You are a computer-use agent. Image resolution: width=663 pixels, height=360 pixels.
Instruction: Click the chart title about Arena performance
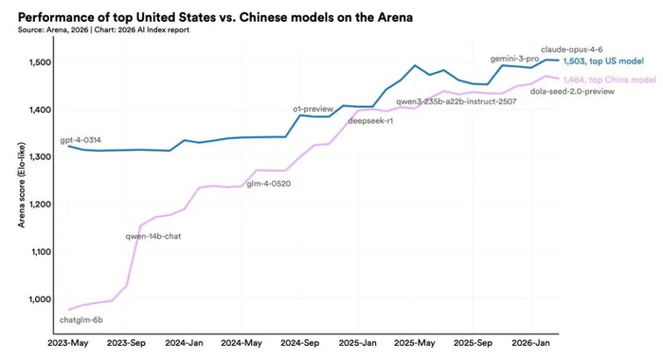coord(215,17)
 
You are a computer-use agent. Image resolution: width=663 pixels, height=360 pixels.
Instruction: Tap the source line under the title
coord(103,30)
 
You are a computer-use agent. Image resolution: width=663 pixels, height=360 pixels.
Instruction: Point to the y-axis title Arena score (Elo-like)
coord(22,186)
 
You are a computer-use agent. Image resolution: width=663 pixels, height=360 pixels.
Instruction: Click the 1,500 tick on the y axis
coord(40,63)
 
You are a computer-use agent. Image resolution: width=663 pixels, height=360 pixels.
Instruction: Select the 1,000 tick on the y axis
coord(40,299)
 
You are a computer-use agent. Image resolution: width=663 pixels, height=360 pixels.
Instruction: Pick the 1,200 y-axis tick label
coord(40,205)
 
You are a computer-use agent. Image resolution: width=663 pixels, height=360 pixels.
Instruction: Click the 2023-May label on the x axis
coord(67,343)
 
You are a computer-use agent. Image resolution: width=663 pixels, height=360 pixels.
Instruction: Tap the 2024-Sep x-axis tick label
coord(300,343)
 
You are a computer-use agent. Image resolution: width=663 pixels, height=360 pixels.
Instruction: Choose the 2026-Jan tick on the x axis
coord(530,343)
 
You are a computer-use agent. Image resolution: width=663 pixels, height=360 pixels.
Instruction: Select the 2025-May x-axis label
coord(415,343)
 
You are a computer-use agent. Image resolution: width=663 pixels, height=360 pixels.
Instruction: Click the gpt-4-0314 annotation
coord(81,140)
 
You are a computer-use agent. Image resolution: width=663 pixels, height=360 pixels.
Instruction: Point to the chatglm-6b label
coord(81,320)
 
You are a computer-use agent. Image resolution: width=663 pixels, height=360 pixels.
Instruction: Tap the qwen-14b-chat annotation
coord(153,237)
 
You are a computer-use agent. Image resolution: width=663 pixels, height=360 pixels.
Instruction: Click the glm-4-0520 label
coord(268,184)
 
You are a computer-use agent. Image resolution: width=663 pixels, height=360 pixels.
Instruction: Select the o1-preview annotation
coord(314,109)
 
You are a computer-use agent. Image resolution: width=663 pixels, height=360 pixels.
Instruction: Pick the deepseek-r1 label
coord(370,121)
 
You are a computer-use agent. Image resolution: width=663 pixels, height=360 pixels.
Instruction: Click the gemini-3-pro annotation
coord(514,59)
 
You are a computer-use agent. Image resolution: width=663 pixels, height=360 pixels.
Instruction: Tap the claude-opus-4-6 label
coord(572,50)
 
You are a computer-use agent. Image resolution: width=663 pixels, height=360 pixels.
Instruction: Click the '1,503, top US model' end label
coord(603,62)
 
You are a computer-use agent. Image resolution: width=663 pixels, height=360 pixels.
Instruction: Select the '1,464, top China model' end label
coord(609,80)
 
